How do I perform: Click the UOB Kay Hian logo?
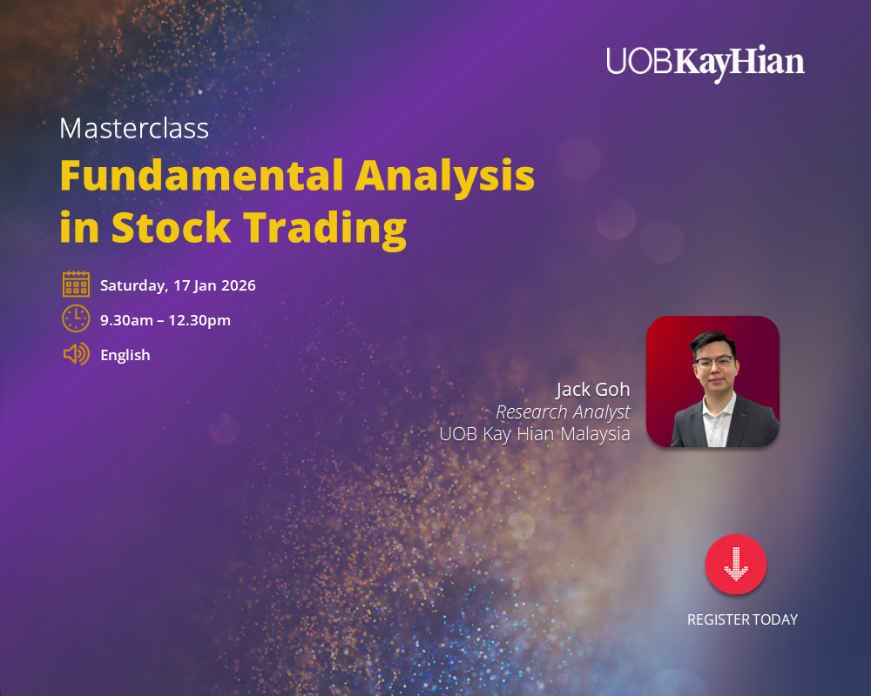tap(706, 63)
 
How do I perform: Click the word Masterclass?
tap(134, 129)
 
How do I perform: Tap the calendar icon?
tap(76, 284)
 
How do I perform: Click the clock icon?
tap(76, 319)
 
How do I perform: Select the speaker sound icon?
tap(76, 354)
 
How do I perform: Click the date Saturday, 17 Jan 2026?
tap(178, 285)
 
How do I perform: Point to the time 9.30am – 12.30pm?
tap(165, 320)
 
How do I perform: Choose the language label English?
tap(125, 355)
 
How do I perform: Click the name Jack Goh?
tap(593, 389)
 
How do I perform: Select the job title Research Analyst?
tap(563, 412)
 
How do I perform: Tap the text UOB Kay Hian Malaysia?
tap(535, 434)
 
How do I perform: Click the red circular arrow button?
tap(736, 565)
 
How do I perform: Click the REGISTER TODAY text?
tap(742, 619)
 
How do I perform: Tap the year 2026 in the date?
tap(237, 285)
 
